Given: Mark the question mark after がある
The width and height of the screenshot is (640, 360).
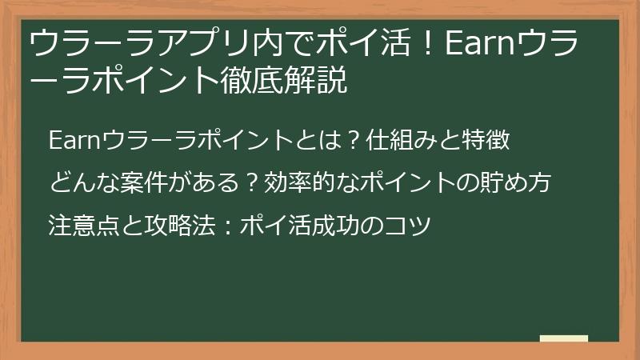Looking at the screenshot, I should coord(251,183).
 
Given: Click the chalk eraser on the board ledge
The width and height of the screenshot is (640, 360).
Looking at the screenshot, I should coord(564,338).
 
